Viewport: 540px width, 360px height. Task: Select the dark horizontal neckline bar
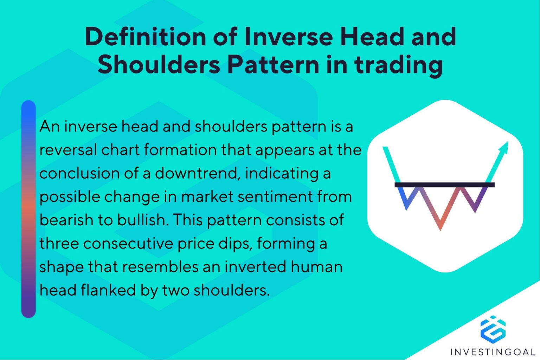(x=444, y=185)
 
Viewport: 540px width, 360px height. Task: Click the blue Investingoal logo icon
(x=493, y=329)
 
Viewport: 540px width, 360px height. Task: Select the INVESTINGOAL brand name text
(x=493, y=352)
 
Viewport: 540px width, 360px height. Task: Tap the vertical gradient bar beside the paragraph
(x=28, y=209)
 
